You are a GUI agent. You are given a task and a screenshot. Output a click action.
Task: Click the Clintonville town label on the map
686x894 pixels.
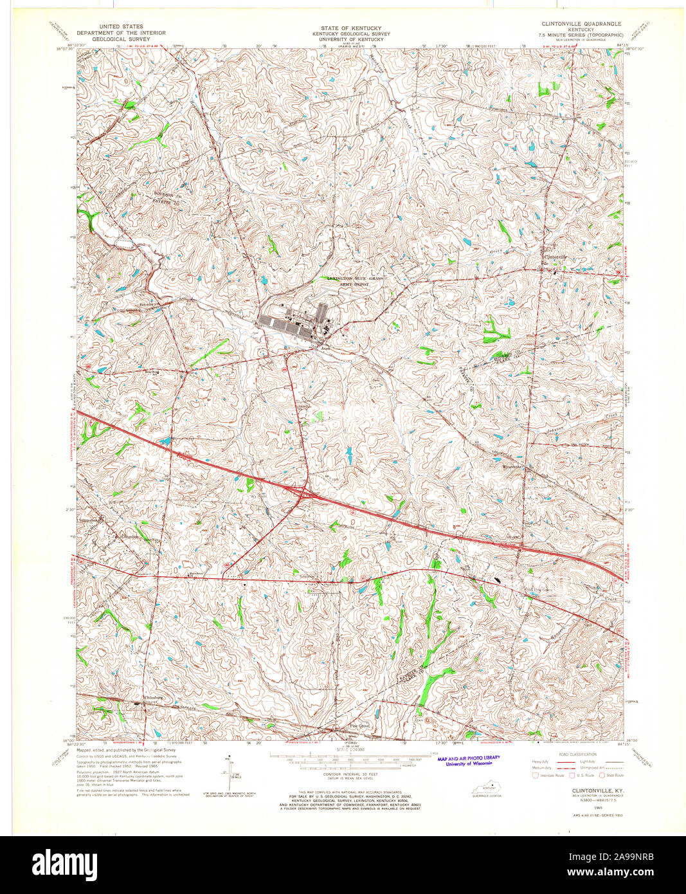(557, 257)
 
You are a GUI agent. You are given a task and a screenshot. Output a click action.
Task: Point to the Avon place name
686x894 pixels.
(325, 349)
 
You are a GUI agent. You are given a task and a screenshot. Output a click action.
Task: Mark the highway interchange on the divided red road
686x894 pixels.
(301, 493)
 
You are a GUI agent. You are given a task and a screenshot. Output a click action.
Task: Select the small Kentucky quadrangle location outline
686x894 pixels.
(489, 789)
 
